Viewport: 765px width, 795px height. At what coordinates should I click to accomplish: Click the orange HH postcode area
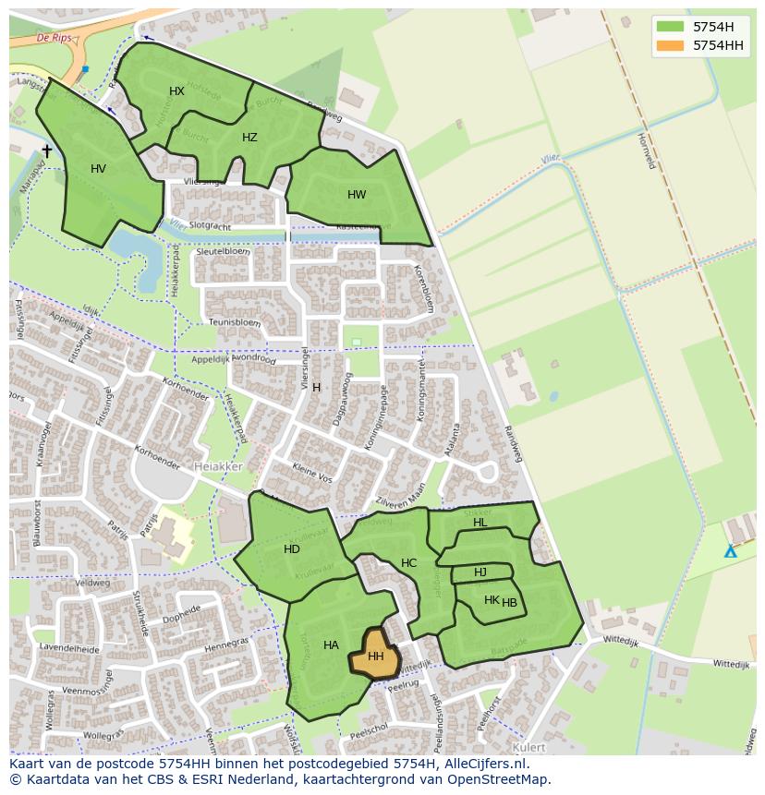click(374, 656)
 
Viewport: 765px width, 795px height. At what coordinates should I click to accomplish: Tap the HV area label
click(99, 169)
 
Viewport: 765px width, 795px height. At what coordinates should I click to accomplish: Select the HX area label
click(177, 90)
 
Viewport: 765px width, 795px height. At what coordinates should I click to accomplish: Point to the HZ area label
click(249, 138)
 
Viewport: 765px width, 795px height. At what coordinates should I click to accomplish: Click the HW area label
click(357, 195)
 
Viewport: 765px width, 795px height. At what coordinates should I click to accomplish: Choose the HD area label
click(292, 549)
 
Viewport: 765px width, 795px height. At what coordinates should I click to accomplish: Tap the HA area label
click(331, 645)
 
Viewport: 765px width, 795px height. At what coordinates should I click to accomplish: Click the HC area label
click(408, 563)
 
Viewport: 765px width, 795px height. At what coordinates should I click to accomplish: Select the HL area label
click(480, 523)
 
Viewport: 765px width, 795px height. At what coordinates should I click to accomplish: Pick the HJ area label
click(480, 572)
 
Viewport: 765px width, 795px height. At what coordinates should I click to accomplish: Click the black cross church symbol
click(47, 151)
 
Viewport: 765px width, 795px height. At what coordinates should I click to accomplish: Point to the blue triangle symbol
click(730, 551)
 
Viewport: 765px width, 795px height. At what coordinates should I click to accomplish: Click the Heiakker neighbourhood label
click(218, 467)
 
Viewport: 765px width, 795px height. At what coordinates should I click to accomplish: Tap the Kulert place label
click(528, 747)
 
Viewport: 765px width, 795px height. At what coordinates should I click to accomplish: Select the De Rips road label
click(55, 38)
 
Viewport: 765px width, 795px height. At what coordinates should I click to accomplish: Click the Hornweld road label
click(646, 150)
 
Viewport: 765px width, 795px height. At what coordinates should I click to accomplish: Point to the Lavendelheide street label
click(70, 649)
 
